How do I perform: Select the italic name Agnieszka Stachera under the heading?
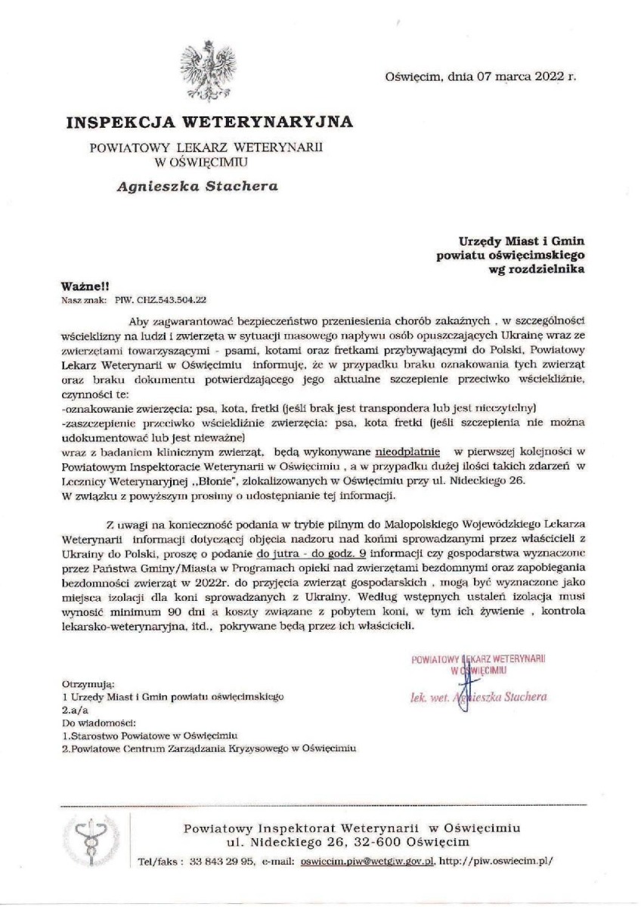pyautogui.click(x=198, y=185)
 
